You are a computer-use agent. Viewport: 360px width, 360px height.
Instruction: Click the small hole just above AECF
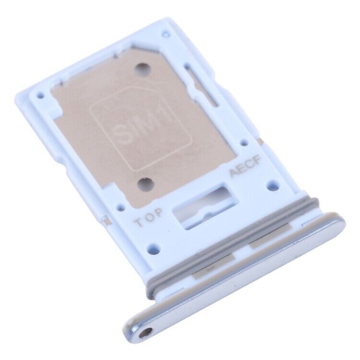(244, 143)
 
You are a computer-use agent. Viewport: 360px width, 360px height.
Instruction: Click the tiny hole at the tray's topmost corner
(166, 35)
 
